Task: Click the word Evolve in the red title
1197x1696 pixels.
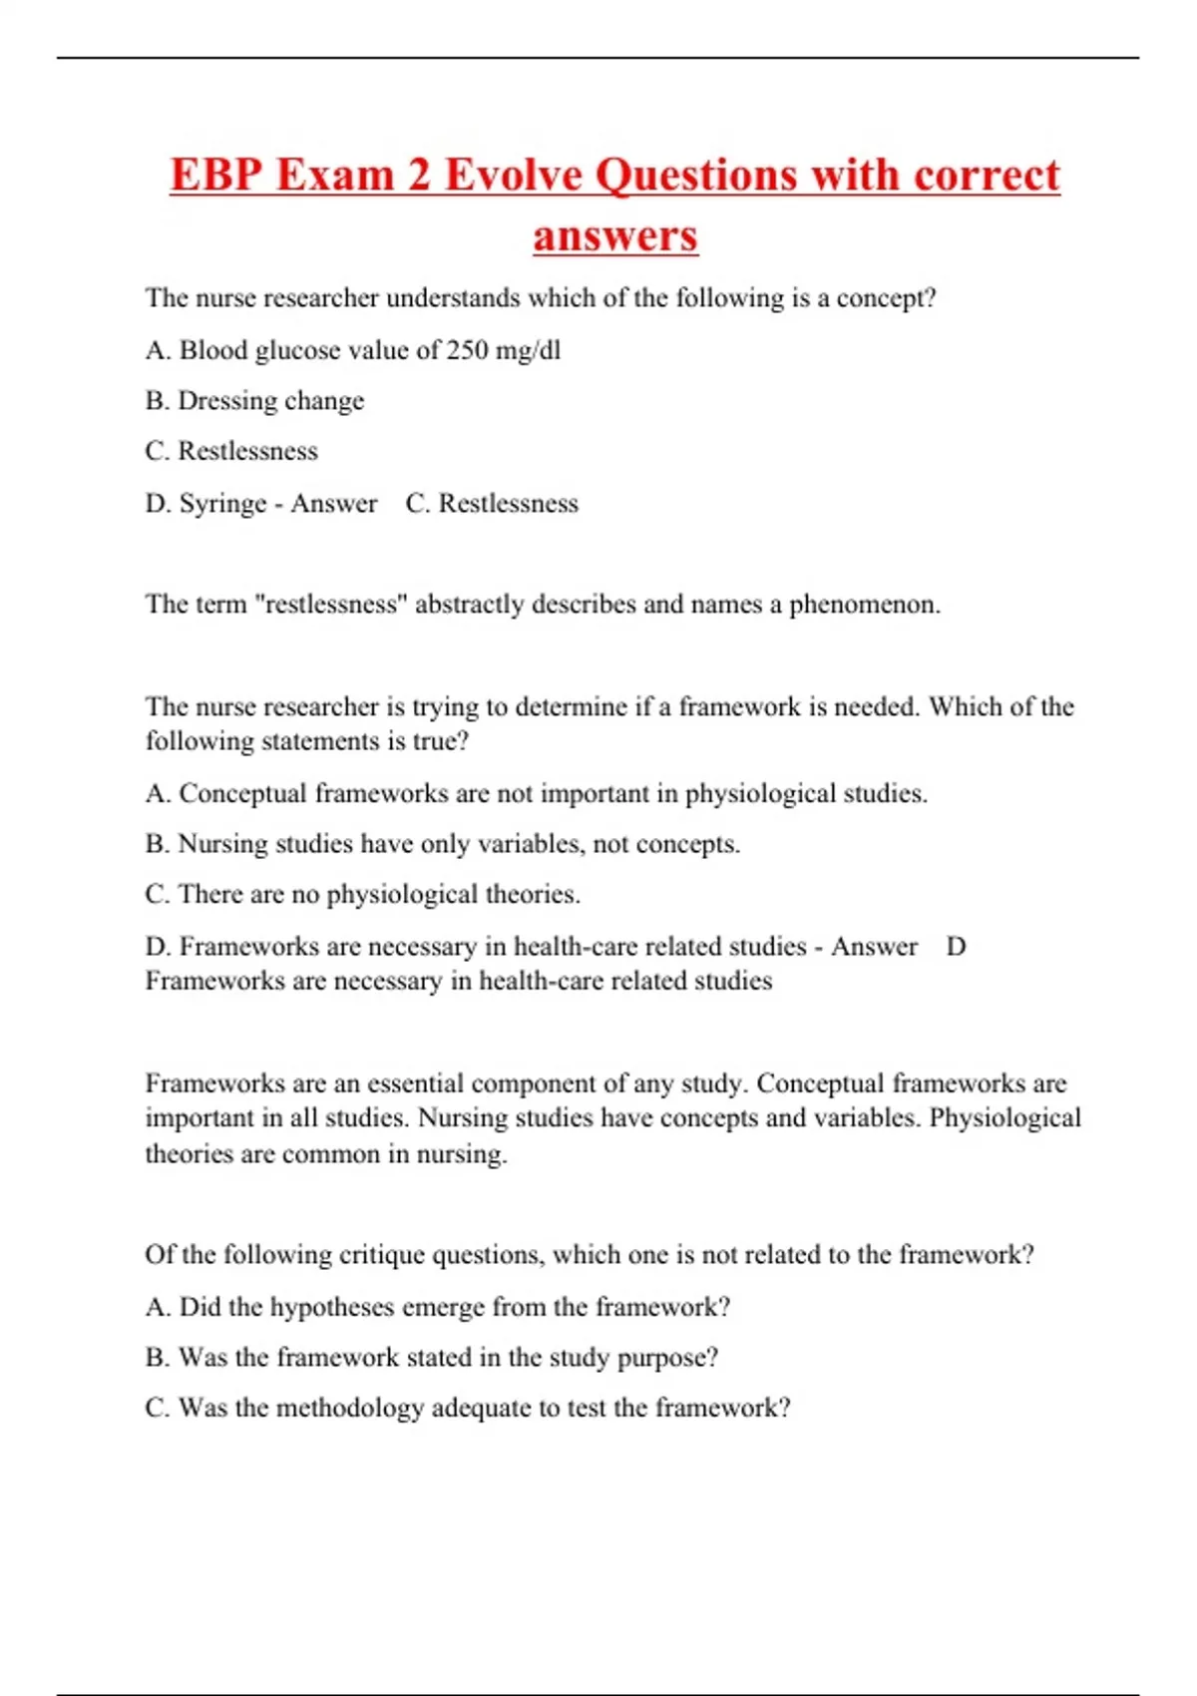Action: [513, 176]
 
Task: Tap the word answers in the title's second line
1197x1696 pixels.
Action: [615, 236]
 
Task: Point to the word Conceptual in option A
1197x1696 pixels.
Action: [243, 794]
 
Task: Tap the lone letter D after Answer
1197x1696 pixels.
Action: [956, 947]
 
